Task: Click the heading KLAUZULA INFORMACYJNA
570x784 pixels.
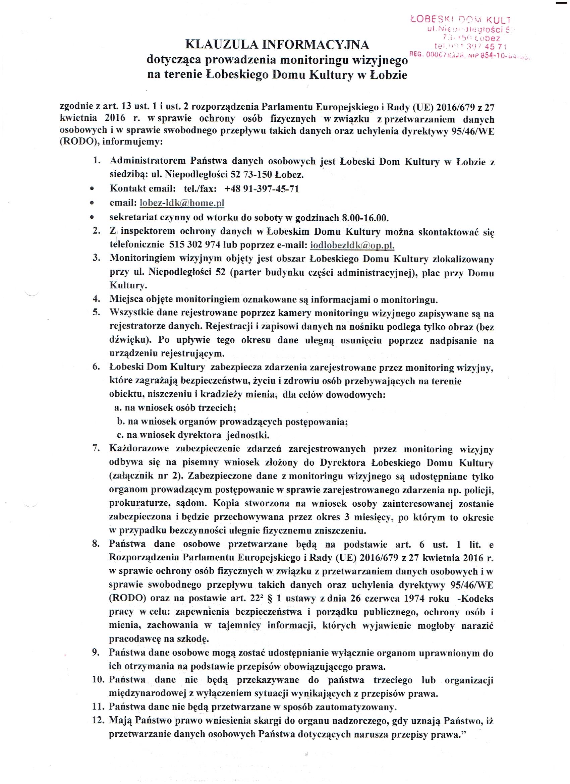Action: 277,45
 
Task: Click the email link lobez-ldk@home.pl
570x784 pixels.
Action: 181,203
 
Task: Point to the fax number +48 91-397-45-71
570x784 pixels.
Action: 261,189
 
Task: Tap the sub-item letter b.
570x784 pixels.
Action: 120,422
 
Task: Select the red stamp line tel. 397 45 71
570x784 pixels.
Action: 470,46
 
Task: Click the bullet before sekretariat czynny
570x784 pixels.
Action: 92,218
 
